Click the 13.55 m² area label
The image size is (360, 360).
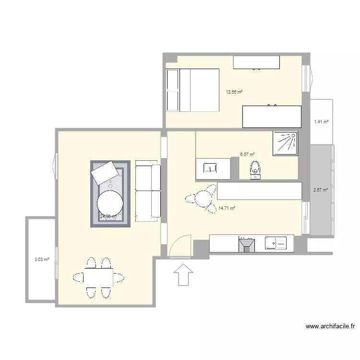(234, 92)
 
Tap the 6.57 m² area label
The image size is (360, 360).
(247, 155)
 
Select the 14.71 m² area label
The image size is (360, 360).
(227, 208)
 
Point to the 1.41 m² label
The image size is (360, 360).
(321, 122)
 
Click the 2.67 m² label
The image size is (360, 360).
(321, 190)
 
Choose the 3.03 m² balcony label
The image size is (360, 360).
(41, 260)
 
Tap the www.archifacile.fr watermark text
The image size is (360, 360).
(330, 326)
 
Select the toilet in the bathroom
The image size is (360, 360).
(255, 169)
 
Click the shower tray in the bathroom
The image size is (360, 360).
(285, 143)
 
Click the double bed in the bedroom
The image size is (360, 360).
(192, 90)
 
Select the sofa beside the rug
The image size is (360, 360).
(148, 192)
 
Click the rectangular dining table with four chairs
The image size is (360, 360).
(98, 277)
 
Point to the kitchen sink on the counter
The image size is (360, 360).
(276, 244)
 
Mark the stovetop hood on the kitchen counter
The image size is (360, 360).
(247, 244)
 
